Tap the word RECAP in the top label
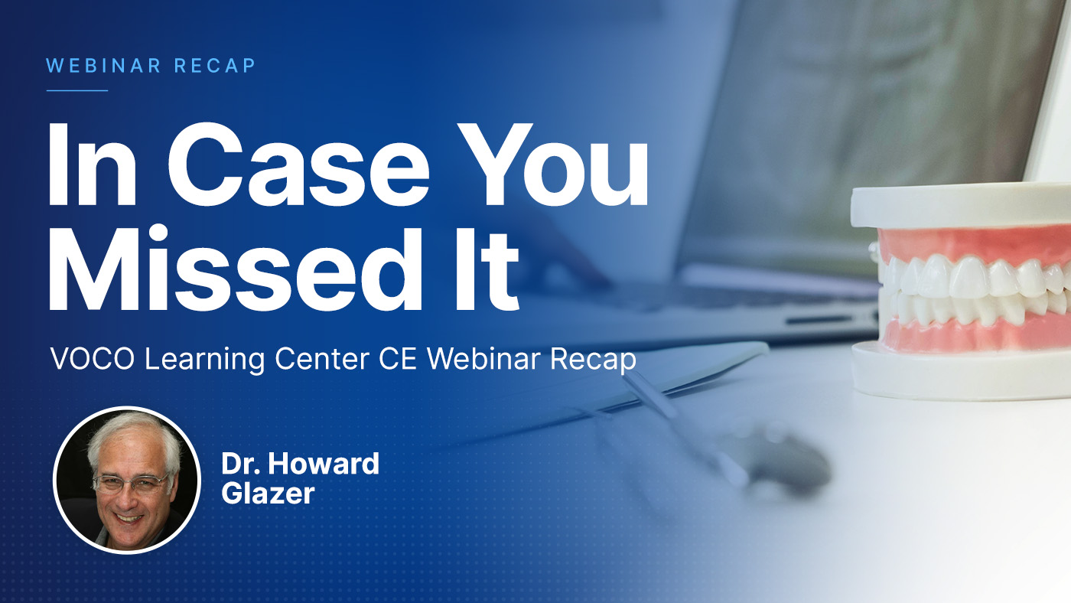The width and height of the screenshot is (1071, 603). (215, 66)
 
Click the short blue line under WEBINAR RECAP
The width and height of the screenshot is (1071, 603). (77, 90)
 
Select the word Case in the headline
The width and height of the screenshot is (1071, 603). (298, 164)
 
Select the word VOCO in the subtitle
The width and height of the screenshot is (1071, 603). (93, 359)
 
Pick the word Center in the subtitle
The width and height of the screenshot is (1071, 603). (322, 359)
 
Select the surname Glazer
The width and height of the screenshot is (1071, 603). (268, 493)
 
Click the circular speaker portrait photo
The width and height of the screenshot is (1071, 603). (127, 480)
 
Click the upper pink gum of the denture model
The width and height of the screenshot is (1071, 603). (971, 244)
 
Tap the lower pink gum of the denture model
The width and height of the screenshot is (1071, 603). (975, 334)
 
